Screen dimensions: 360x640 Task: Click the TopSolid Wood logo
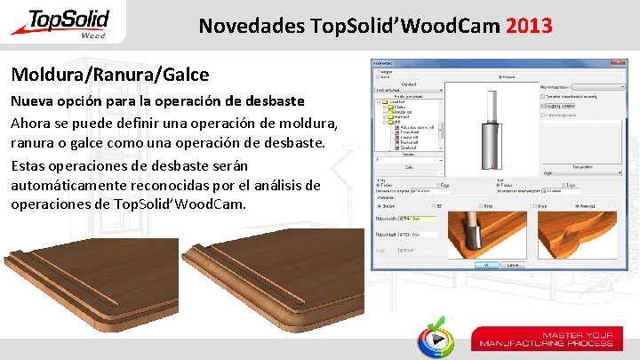pos(60,23)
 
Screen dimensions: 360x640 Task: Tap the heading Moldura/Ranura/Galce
pos(109,75)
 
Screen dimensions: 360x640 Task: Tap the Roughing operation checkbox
pos(543,105)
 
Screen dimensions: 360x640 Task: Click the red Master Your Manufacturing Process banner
pos(546,339)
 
